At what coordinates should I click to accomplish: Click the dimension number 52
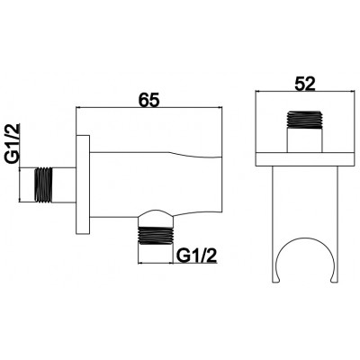click(305, 84)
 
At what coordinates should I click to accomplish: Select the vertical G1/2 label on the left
click(12, 144)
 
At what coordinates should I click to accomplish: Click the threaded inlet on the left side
click(44, 185)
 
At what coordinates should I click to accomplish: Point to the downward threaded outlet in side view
click(156, 236)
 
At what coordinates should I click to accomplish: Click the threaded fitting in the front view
click(305, 120)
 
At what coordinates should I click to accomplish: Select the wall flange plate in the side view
click(83, 184)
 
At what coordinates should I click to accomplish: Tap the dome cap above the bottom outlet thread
click(156, 218)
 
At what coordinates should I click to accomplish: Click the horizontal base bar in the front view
click(303, 159)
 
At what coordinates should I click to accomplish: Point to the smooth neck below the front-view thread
click(305, 140)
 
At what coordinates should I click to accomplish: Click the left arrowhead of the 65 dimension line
click(79, 108)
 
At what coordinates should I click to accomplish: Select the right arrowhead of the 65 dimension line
click(220, 108)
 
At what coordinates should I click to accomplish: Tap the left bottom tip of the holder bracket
click(276, 282)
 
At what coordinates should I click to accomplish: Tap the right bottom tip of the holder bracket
click(334, 282)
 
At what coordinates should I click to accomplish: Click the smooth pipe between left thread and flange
click(65, 185)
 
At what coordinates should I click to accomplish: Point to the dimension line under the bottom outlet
click(156, 263)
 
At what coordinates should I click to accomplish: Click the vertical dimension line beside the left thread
click(20, 185)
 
